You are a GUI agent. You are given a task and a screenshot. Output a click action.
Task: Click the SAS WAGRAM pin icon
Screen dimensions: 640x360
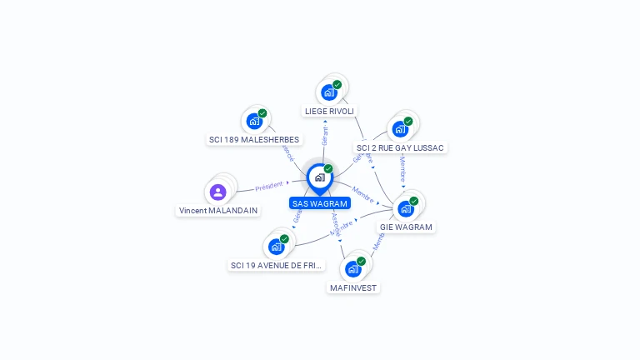(x=319, y=177)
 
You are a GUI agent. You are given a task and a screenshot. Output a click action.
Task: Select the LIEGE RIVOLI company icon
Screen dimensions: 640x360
(x=328, y=92)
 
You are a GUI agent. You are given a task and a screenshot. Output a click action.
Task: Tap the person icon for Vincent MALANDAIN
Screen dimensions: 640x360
(x=217, y=192)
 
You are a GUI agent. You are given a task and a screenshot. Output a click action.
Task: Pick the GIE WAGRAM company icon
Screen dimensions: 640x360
(x=406, y=208)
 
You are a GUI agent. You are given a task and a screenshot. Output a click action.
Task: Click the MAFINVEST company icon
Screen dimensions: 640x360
(x=353, y=269)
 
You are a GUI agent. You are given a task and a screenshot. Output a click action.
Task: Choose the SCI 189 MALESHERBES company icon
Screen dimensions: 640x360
(x=254, y=121)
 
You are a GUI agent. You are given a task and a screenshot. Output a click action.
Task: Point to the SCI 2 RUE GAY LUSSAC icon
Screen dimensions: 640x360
(x=400, y=129)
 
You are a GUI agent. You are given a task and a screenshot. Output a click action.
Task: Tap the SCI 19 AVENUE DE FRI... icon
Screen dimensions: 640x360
(x=276, y=247)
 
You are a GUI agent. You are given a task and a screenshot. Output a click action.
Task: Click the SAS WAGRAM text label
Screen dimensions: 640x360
(x=320, y=203)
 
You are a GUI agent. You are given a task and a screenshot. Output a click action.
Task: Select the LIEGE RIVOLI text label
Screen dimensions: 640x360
(x=329, y=111)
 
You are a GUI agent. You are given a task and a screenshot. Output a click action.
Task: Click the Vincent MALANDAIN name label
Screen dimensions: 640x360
(x=217, y=211)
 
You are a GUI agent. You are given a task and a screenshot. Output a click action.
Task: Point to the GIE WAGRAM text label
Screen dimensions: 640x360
(x=406, y=227)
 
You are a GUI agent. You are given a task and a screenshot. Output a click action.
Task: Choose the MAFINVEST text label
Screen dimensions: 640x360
(x=353, y=287)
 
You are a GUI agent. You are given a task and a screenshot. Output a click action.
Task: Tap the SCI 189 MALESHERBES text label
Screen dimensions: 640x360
(x=254, y=140)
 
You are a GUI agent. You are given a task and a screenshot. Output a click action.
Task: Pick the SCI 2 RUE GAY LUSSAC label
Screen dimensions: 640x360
(x=400, y=147)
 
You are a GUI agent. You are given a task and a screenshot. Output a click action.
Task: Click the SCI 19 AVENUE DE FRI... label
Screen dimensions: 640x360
(x=277, y=265)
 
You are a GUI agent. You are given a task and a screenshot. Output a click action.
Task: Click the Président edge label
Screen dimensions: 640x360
(x=268, y=187)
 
